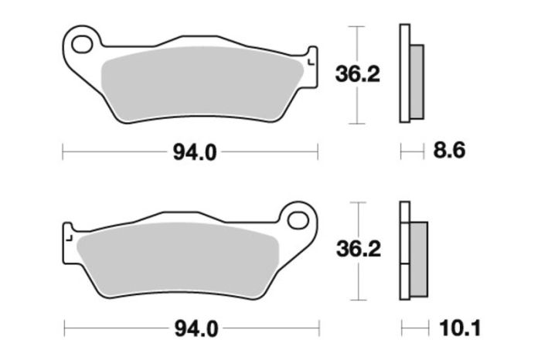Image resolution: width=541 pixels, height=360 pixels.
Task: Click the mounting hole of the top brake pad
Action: click(x=82, y=44)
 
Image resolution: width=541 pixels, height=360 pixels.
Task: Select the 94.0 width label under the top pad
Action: click(x=189, y=152)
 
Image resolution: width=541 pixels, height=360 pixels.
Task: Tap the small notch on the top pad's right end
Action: click(x=311, y=57)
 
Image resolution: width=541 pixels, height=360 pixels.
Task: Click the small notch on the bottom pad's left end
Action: click(x=68, y=233)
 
